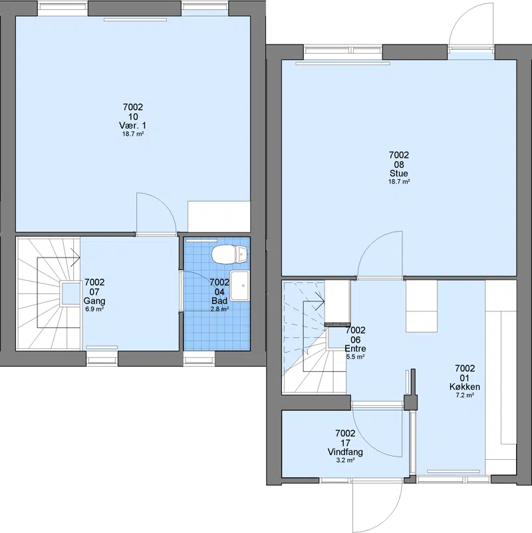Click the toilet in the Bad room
point(229,254)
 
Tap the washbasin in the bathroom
point(240,285)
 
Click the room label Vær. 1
point(133,126)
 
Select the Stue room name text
point(399,174)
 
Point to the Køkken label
point(464,387)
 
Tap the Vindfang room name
point(345,452)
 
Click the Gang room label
point(94,301)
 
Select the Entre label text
point(355,349)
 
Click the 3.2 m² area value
point(345,460)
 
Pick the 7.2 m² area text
point(464,395)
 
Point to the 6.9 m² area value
point(94,309)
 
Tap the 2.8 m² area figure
point(219,309)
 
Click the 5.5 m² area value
point(355,357)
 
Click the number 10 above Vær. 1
point(133,116)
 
